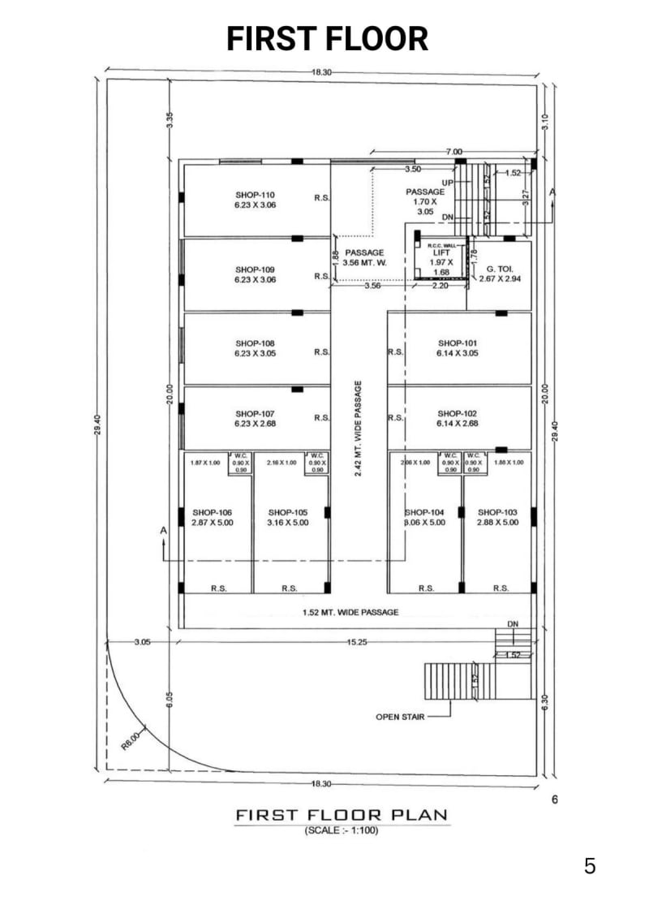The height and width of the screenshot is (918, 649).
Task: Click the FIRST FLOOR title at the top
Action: point(327,38)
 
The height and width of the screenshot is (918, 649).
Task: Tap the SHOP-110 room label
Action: point(256,195)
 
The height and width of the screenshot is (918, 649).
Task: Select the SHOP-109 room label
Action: point(256,269)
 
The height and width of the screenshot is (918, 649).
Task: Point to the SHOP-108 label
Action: point(256,343)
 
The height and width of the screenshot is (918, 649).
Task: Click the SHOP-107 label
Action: point(256,414)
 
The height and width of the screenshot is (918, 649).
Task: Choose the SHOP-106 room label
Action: point(212,512)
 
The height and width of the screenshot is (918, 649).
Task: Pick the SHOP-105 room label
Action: point(288,512)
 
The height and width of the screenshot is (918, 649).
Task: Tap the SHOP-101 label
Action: point(458,343)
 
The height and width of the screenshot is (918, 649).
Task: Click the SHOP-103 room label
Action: point(497,512)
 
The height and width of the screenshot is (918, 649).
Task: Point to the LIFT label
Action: point(441,252)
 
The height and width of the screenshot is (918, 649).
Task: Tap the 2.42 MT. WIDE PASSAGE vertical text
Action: point(359,428)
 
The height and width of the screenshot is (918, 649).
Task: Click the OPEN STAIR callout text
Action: point(399,717)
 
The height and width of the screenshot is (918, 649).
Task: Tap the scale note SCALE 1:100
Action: point(342,831)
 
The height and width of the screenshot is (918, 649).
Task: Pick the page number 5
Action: point(590,866)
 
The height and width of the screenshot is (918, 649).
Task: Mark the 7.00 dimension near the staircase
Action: point(454,152)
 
